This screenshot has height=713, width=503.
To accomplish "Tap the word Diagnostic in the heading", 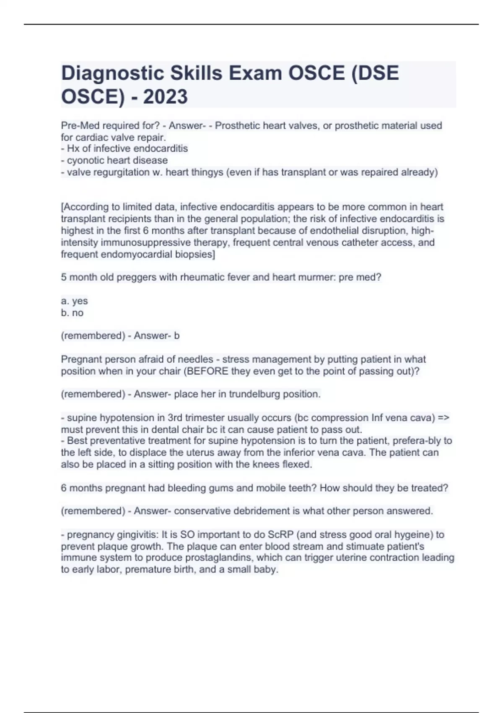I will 112,73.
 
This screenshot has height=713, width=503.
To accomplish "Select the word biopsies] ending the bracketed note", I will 196,254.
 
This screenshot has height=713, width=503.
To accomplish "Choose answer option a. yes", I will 74,301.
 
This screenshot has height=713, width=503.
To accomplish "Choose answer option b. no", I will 72,312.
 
